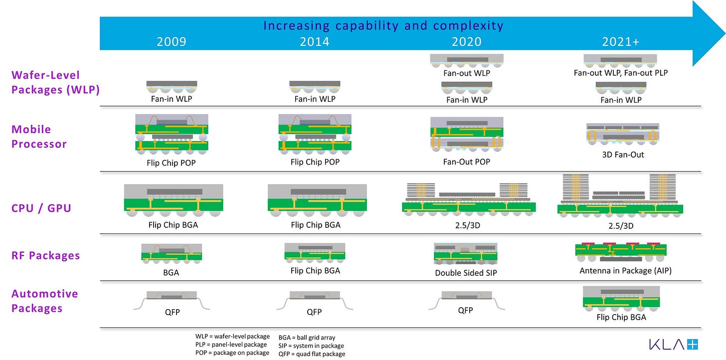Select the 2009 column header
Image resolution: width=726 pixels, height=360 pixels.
(171, 41)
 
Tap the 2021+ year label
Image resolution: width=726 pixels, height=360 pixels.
(621, 41)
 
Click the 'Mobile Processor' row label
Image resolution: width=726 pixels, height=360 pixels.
(39, 137)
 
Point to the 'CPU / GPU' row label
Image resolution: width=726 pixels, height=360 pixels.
(41, 207)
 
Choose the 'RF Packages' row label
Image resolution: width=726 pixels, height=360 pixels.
(46, 255)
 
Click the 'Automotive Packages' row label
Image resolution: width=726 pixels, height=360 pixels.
(45, 301)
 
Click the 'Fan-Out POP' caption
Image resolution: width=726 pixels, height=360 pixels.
(466, 162)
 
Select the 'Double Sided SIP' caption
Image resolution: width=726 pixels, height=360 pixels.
(466, 273)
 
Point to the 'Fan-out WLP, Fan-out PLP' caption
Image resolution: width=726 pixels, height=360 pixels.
(621, 73)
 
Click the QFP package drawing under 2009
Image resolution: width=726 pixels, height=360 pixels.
(171, 299)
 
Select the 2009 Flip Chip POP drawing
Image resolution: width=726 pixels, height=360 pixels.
(171, 133)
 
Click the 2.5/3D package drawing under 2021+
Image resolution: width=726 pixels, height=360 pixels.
(620, 195)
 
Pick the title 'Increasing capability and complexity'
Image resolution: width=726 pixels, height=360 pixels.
(383, 25)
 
